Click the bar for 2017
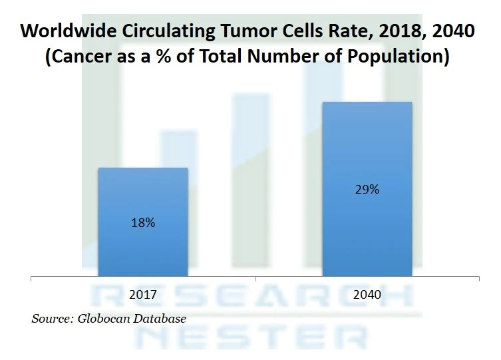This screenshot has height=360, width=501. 142,200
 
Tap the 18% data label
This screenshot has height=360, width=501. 142,223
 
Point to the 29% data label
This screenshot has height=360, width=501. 367,190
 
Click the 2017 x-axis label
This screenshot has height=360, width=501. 142,294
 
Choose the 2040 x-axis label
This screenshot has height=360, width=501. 367,294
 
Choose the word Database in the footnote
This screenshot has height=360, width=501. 160,319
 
